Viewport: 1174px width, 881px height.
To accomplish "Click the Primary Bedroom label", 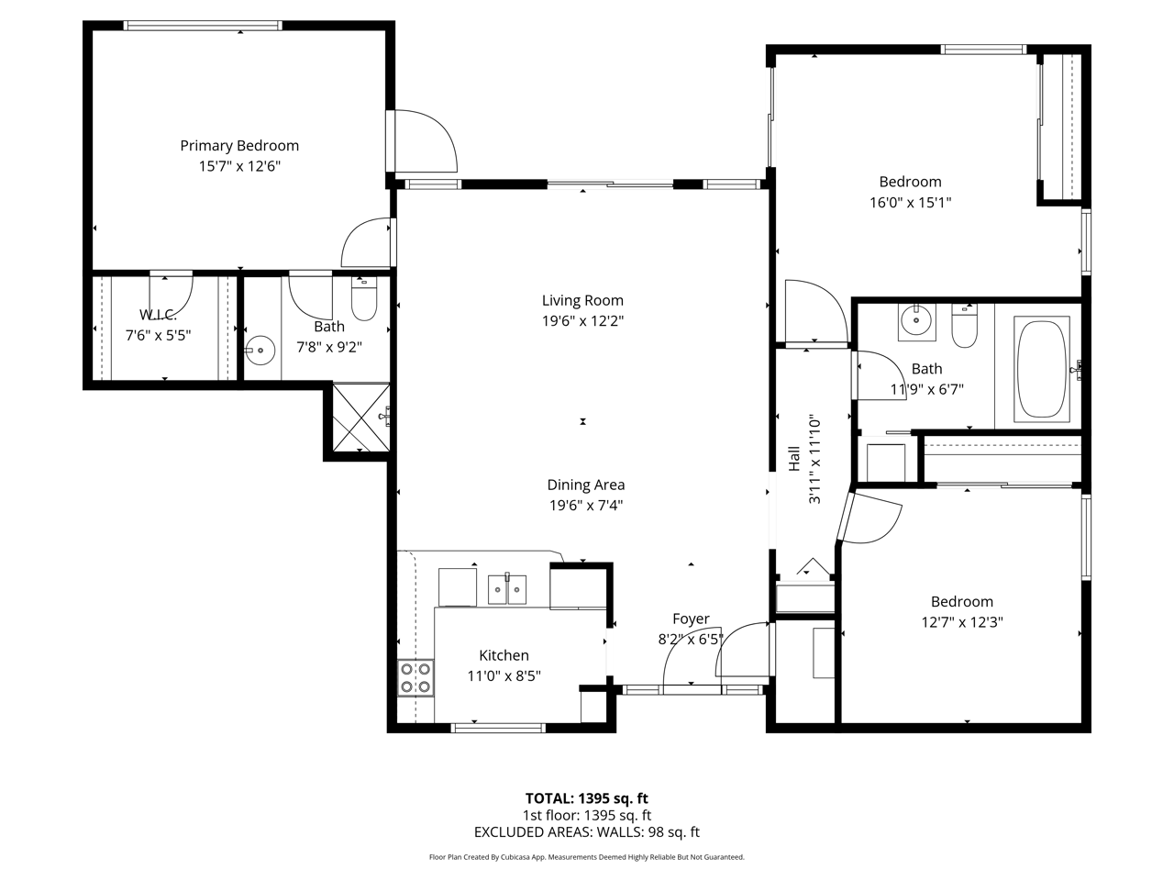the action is tap(239, 146).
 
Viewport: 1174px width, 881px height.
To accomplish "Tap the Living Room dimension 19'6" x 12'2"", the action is tap(583, 321).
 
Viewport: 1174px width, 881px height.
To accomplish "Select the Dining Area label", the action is tap(586, 485).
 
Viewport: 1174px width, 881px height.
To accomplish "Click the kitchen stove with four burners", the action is tap(415, 678).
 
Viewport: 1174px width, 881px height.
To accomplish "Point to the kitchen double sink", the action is tap(507, 589).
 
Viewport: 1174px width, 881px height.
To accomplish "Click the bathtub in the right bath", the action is tap(1042, 369).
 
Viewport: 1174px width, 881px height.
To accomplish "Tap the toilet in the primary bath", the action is tap(364, 298).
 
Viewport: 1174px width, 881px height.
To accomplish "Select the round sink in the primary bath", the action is tap(260, 351).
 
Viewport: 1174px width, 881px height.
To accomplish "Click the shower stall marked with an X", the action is tap(361, 418).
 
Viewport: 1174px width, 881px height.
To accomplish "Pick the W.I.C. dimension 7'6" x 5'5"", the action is tap(159, 335).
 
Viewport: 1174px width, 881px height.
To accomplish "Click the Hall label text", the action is tap(794, 459).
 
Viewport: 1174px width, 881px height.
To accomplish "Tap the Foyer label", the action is tap(691, 619).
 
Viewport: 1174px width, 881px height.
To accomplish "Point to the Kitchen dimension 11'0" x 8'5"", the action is tap(504, 676).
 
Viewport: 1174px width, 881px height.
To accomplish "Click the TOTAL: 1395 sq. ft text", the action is tap(587, 798).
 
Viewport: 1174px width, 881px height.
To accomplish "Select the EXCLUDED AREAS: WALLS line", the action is tap(587, 831).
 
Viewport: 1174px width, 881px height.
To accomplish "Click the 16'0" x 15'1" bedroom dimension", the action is tap(911, 203).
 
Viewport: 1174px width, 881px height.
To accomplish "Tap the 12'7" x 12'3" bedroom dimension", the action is tap(961, 622).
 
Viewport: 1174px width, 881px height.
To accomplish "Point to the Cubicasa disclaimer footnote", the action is tap(587, 857).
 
